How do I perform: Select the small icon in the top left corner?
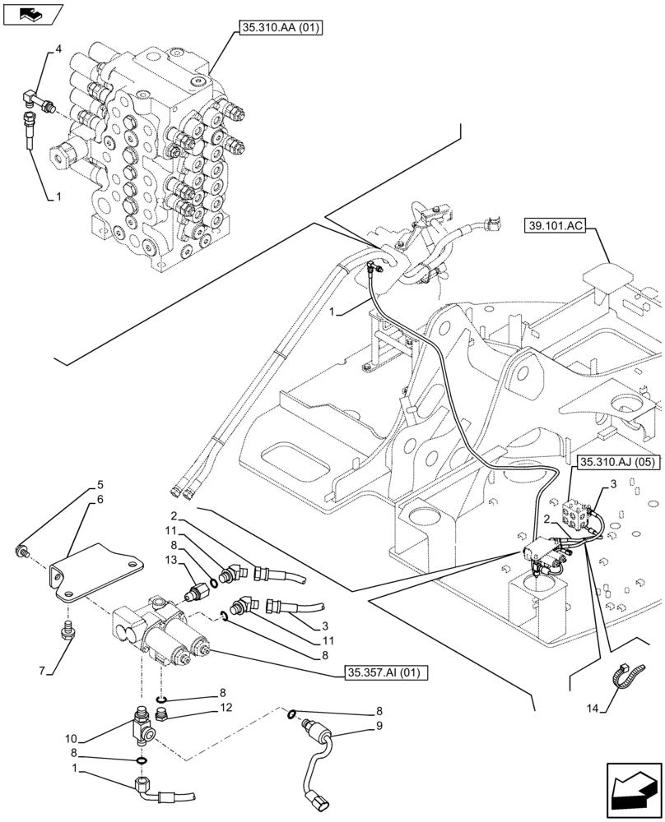(x=32, y=14)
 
